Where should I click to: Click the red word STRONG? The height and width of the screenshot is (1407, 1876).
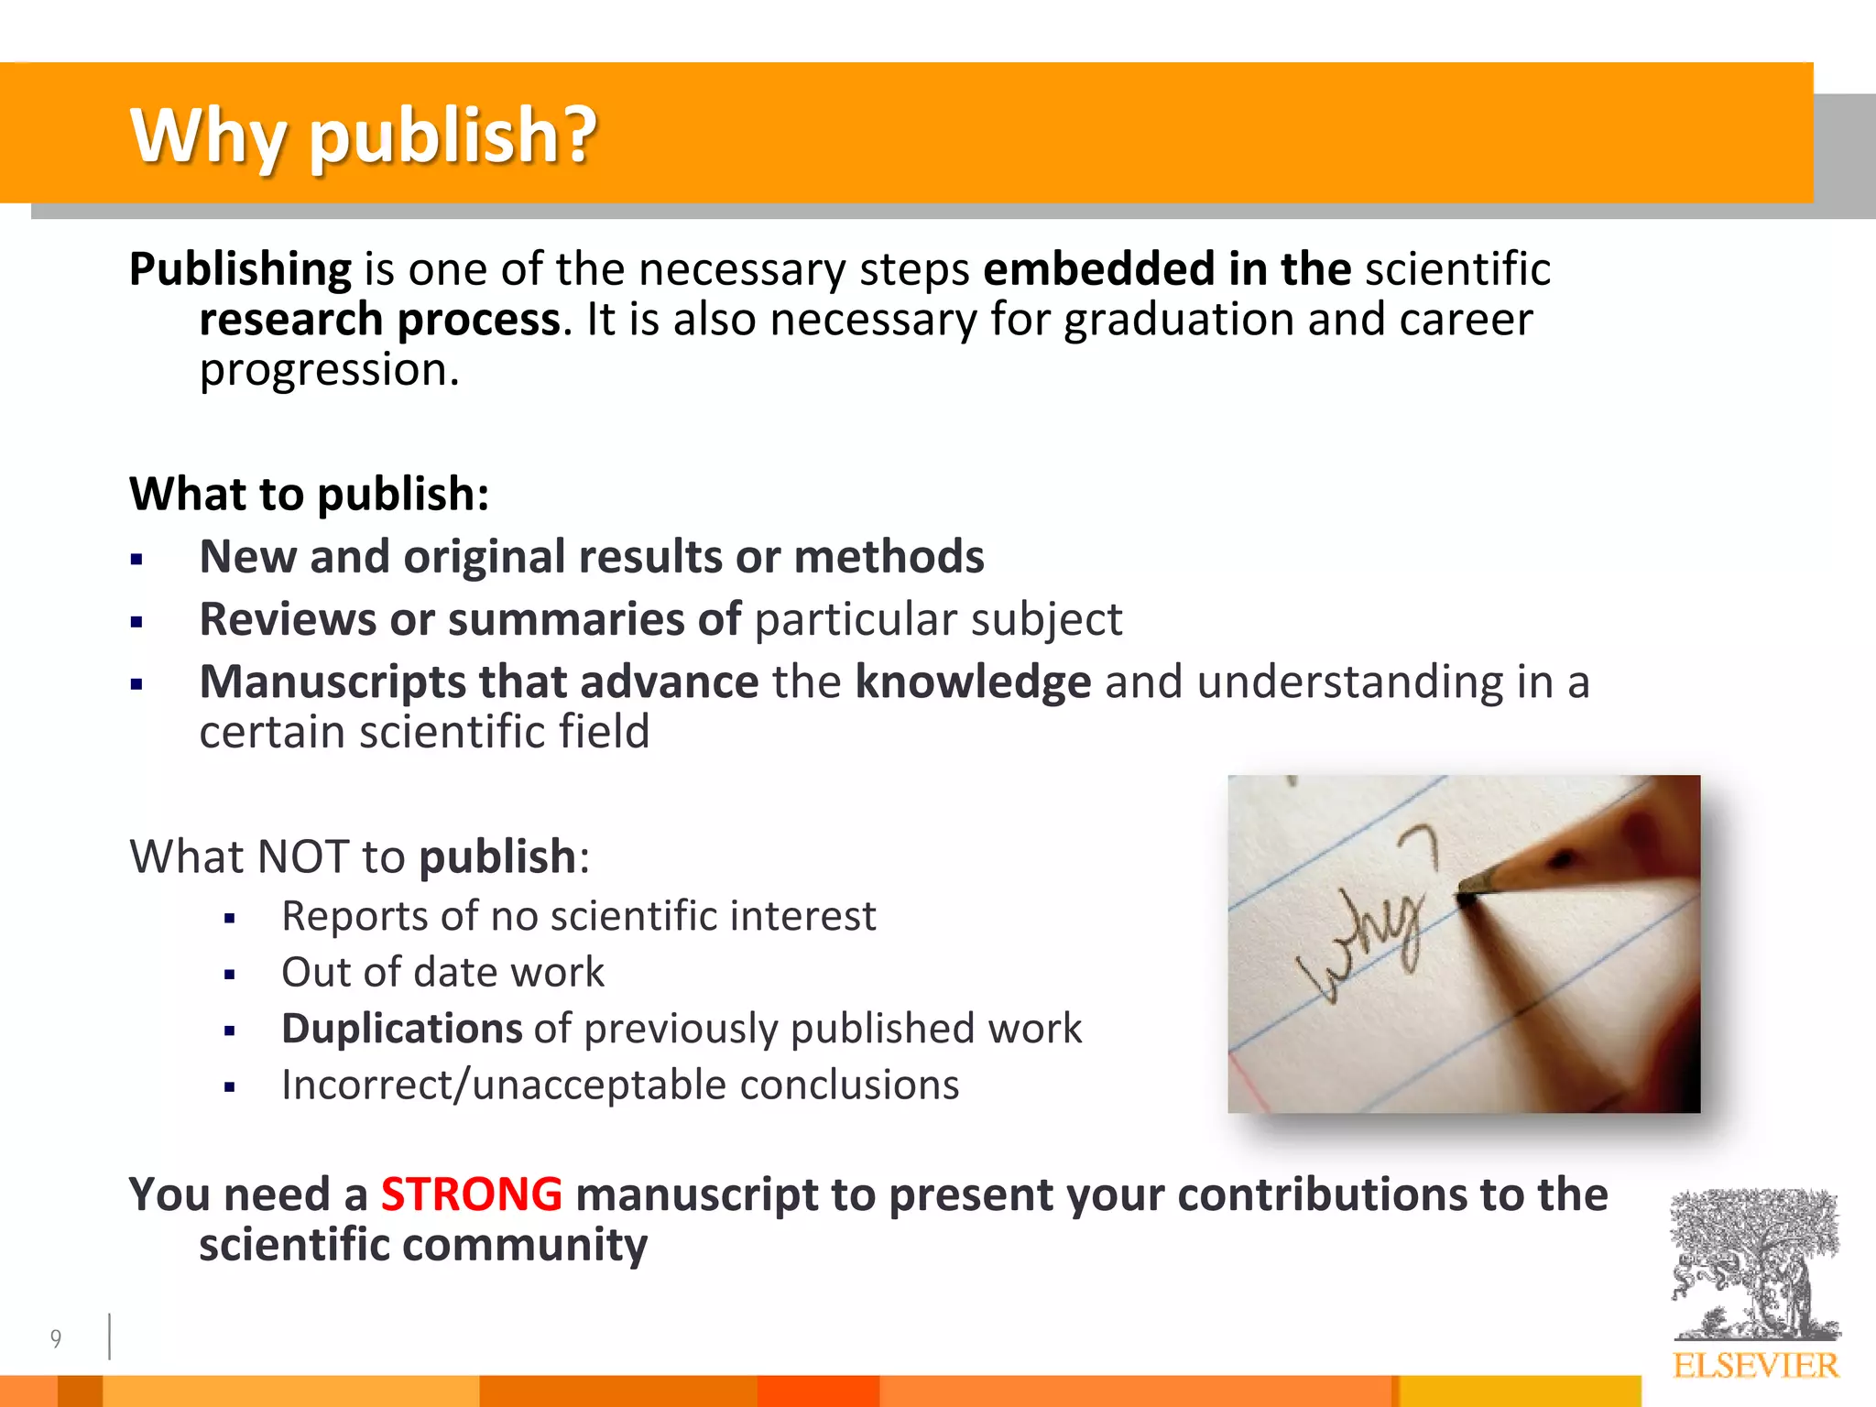coord(471,1194)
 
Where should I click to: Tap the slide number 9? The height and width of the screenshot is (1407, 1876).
coord(56,1339)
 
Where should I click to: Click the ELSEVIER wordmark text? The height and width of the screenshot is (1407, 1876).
coord(1755,1366)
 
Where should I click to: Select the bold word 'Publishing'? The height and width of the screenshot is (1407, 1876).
coord(240,269)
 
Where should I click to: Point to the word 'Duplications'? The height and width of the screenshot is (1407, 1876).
coord(401,1028)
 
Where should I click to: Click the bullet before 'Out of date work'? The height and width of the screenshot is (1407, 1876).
coord(230,975)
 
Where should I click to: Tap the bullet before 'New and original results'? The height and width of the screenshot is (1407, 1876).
coord(137,560)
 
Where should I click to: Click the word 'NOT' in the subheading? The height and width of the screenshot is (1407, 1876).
coord(302,857)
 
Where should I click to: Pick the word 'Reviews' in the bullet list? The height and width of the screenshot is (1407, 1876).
coord(288,619)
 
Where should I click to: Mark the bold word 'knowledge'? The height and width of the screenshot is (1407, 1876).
coord(973,682)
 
